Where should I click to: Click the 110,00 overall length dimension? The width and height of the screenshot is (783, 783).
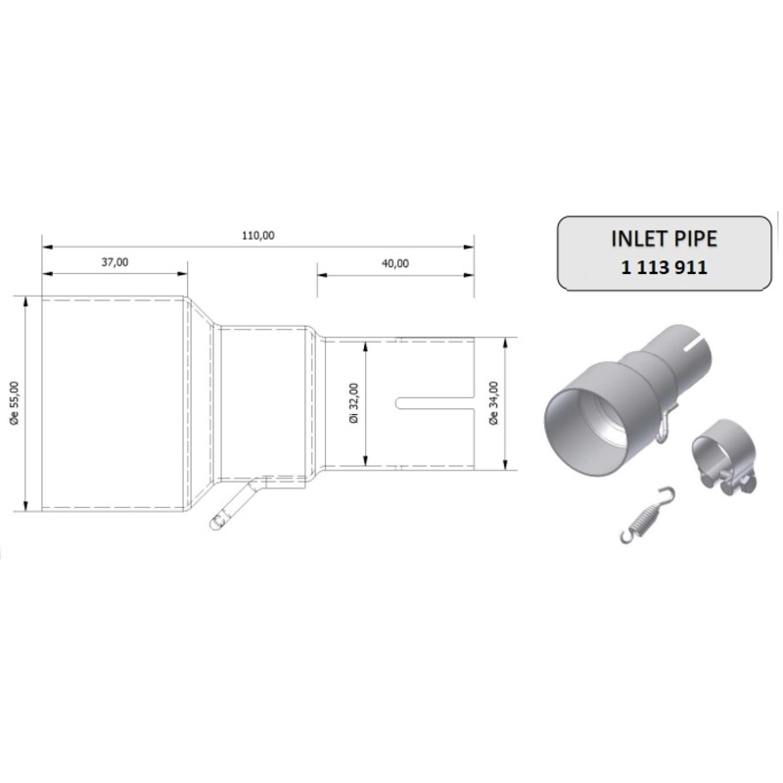257,234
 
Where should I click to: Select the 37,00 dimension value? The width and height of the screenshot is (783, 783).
115,261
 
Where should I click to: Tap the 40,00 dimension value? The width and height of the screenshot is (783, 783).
395,261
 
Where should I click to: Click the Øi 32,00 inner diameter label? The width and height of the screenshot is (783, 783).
353,401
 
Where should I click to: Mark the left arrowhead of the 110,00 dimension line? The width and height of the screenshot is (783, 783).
44,246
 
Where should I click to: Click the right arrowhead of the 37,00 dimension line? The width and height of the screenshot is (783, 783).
183,273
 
